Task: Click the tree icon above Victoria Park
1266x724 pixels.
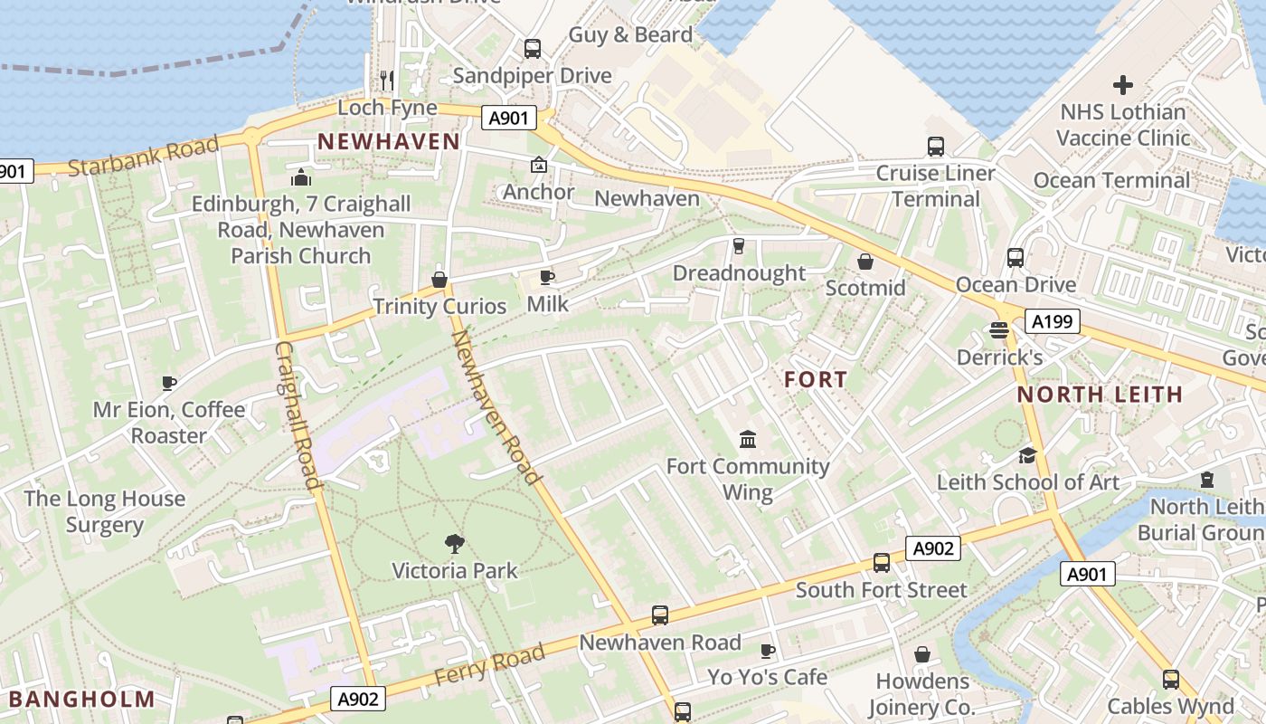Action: pyautogui.click(x=455, y=543)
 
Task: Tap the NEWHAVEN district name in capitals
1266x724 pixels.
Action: pyautogui.click(x=389, y=141)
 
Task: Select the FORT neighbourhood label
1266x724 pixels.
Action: pyautogui.click(x=816, y=379)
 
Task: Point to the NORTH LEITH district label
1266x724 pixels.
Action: pyautogui.click(x=1100, y=394)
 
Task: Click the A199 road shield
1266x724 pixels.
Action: pyautogui.click(x=1053, y=320)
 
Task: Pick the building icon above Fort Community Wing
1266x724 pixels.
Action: pyautogui.click(x=748, y=440)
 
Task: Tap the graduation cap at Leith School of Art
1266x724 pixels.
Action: pyautogui.click(x=1027, y=455)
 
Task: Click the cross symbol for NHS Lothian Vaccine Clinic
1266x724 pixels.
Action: pyautogui.click(x=1122, y=85)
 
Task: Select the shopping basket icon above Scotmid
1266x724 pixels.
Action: pyautogui.click(x=865, y=262)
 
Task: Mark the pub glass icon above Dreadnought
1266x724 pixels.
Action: pyautogui.click(x=739, y=246)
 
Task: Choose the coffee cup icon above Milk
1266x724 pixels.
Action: pyautogui.click(x=547, y=277)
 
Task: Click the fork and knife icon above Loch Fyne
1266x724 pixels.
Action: pyautogui.click(x=387, y=81)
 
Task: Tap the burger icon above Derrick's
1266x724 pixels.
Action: pyautogui.click(x=999, y=330)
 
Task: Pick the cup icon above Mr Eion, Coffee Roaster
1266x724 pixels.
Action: pyautogui.click(x=169, y=383)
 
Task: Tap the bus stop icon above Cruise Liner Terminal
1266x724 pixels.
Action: pyautogui.click(x=936, y=146)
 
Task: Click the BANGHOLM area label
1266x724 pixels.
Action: pyautogui.click(x=82, y=699)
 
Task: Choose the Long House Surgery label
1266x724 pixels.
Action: pyautogui.click(x=105, y=511)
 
